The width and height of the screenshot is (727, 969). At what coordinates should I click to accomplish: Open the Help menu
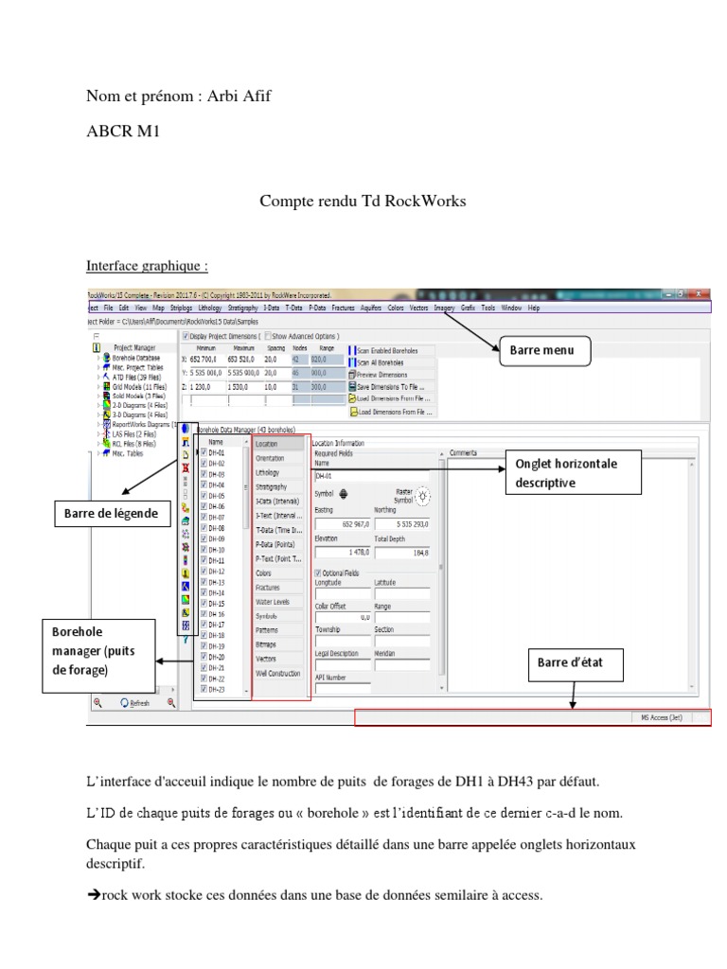pos(534,308)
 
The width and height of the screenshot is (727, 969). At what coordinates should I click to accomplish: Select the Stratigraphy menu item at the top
pos(243,308)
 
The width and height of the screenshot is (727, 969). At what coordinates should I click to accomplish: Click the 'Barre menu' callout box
pos(544,353)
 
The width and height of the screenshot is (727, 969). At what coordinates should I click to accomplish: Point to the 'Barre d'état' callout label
pos(576,662)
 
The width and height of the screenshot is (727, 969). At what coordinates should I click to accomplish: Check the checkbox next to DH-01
pos(204,453)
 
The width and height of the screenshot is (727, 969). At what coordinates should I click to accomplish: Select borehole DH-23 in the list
pos(216,689)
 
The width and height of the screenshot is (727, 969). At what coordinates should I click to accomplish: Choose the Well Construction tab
pos(278,673)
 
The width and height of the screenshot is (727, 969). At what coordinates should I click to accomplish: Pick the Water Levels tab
pos(273,601)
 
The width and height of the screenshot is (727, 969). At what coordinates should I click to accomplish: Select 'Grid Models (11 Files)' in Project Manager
pos(139,386)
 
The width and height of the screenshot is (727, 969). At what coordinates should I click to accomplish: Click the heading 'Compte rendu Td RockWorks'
pos(363,201)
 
